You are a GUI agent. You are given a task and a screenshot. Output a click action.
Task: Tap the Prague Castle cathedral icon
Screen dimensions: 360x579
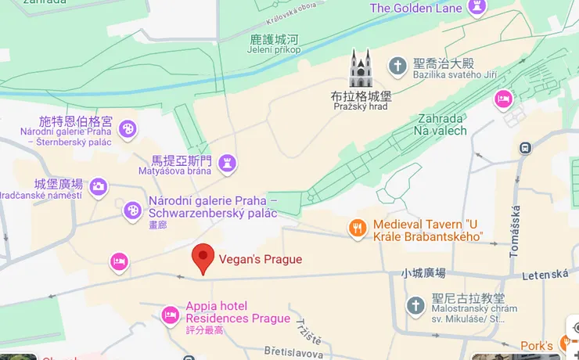click(361, 68)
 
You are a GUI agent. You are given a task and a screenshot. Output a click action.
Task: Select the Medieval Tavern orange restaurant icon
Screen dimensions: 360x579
click(358, 228)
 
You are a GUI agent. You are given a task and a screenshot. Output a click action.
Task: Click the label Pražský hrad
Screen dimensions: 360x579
click(361, 106)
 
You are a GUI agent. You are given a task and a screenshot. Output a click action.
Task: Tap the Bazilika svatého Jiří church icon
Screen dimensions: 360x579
click(398, 65)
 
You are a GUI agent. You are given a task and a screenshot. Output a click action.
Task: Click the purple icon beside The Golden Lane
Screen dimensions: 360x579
click(477, 8)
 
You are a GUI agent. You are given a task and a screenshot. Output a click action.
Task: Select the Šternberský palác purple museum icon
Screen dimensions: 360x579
click(128, 129)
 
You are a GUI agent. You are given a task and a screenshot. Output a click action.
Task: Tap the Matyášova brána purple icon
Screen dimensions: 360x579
click(228, 162)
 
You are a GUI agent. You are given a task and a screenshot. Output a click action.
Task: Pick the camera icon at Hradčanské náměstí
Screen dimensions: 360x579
click(99, 186)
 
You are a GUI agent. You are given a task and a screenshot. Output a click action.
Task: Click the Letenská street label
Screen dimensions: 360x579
click(546, 274)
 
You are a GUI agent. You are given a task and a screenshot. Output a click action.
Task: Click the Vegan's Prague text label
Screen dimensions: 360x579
click(260, 259)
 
